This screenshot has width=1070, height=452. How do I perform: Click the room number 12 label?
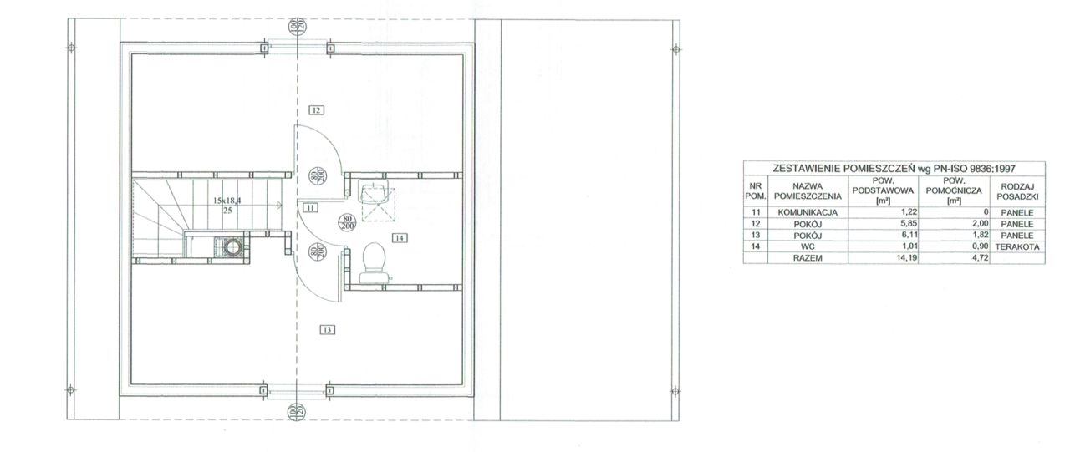[x=316, y=110]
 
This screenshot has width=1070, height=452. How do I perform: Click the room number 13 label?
[x=327, y=330]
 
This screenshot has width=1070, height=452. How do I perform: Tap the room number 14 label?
[x=400, y=237]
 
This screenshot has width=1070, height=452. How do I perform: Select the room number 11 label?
[x=310, y=208]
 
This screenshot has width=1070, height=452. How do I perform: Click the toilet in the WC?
[x=374, y=263]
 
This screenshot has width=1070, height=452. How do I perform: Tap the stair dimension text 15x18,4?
[x=227, y=201]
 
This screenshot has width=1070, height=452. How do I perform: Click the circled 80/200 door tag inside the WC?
[x=346, y=222]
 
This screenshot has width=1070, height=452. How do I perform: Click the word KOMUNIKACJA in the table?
[x=808, y=212]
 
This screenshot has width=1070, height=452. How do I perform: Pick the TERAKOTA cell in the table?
[x=1017, y=246]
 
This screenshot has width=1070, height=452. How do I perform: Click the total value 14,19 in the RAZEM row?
[x=906, y=258]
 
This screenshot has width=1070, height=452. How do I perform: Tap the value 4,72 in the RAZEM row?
[x=979, y=258]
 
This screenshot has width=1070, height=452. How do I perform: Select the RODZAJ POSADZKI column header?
[x=1017, y=191]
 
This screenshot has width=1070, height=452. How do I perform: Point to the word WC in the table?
[x=808, y=246]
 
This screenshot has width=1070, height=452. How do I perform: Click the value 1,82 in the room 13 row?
[x=979, y=236]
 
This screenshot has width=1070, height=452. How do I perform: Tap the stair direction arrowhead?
[x=279, y=206]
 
